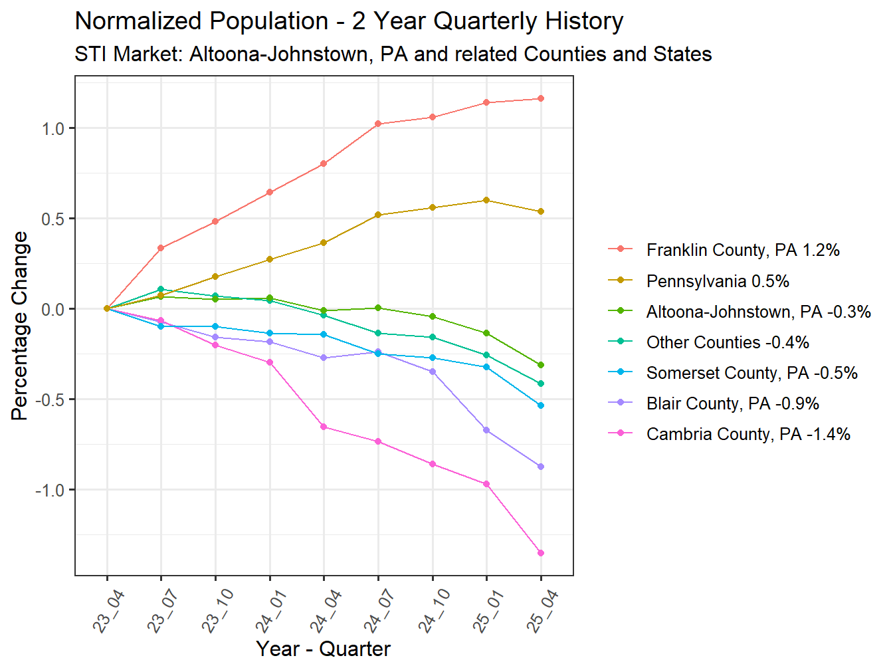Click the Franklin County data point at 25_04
[541, 99]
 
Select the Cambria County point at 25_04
[541, 553]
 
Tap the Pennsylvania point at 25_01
[486, 200]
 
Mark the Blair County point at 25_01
[486, 430]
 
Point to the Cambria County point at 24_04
[324, 427]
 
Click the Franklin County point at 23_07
[161, 248]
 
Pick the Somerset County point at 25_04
[541, 405]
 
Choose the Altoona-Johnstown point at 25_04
[541, 365]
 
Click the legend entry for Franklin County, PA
[742, 250]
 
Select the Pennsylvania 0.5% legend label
[718, 281]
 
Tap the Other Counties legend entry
[728, 342]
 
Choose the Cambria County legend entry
[747, 434]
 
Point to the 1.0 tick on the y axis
[53, 128]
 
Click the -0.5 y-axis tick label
[51, 399]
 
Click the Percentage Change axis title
[20, 326]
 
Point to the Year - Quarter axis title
[323, 649]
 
